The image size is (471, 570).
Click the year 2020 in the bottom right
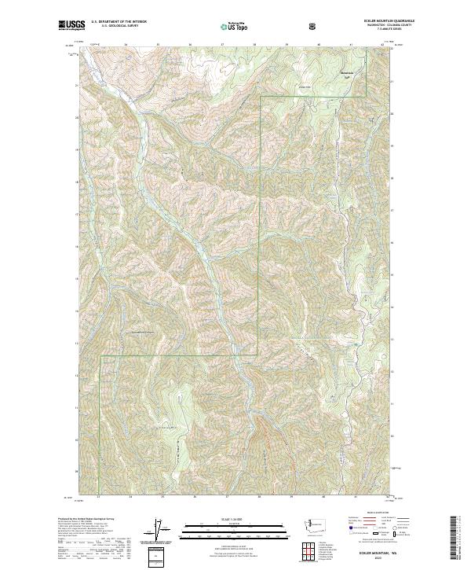[378, 561]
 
